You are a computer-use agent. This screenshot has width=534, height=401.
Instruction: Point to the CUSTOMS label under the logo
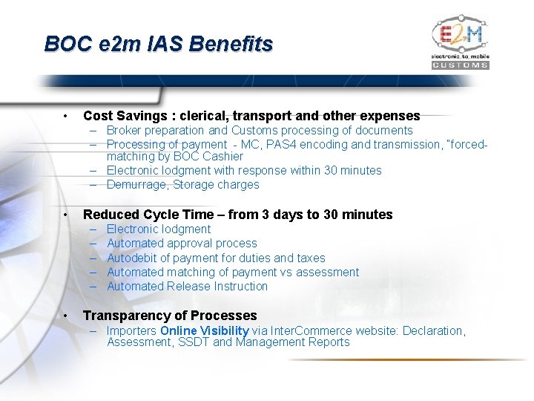point(460,65)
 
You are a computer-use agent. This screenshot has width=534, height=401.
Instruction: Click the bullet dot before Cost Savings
point(67,116)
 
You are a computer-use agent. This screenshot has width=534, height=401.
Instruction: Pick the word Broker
point(124,131)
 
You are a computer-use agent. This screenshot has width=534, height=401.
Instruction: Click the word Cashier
point(222,157)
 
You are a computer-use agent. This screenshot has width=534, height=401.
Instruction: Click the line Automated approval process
point(182,244)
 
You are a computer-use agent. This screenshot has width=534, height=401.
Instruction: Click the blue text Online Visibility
point(204,331)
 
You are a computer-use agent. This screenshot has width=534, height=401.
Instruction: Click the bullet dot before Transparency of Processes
point(67,316)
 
